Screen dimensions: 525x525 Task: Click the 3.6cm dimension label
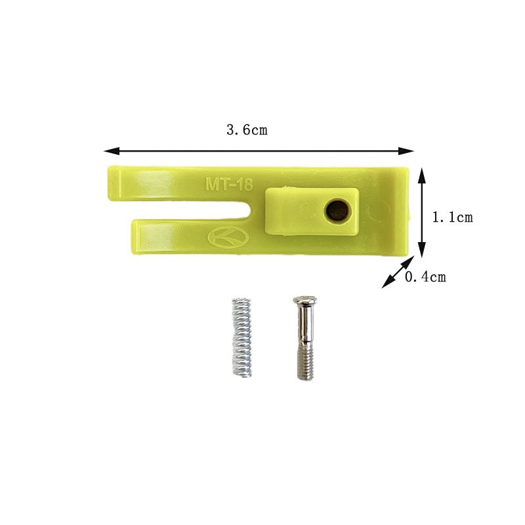tap(247, 130)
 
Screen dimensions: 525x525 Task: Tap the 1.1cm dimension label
tap(453, 218)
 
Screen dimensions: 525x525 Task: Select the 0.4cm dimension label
tap(425, 277)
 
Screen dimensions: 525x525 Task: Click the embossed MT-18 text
tap(229, 184)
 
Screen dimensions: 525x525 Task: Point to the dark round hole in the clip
tap(337, 211)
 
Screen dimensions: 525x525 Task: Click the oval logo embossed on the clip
tap(228, 238)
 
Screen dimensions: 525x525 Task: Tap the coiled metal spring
tap(241, 337)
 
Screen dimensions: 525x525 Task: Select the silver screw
tap(305, 338)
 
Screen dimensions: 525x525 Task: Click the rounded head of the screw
tap(304, 301)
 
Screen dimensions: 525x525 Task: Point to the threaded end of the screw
tap(306, 364)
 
